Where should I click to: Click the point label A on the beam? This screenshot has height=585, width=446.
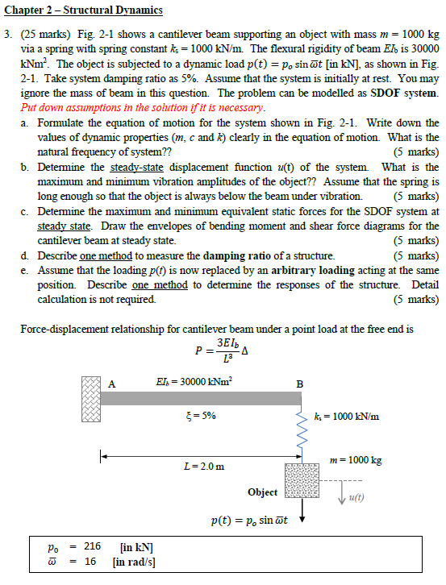(112, 384)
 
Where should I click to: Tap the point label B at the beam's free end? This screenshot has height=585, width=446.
(300, 384)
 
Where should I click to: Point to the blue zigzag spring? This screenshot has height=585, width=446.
(301, 434)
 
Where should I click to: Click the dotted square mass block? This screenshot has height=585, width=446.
(301, 483)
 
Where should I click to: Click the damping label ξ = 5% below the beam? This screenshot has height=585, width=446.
(199, 415)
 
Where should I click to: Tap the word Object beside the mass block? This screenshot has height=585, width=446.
(263, 492)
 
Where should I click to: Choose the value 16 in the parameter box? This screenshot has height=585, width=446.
(90, 562)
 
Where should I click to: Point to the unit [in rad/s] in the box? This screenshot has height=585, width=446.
(137, 562)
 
